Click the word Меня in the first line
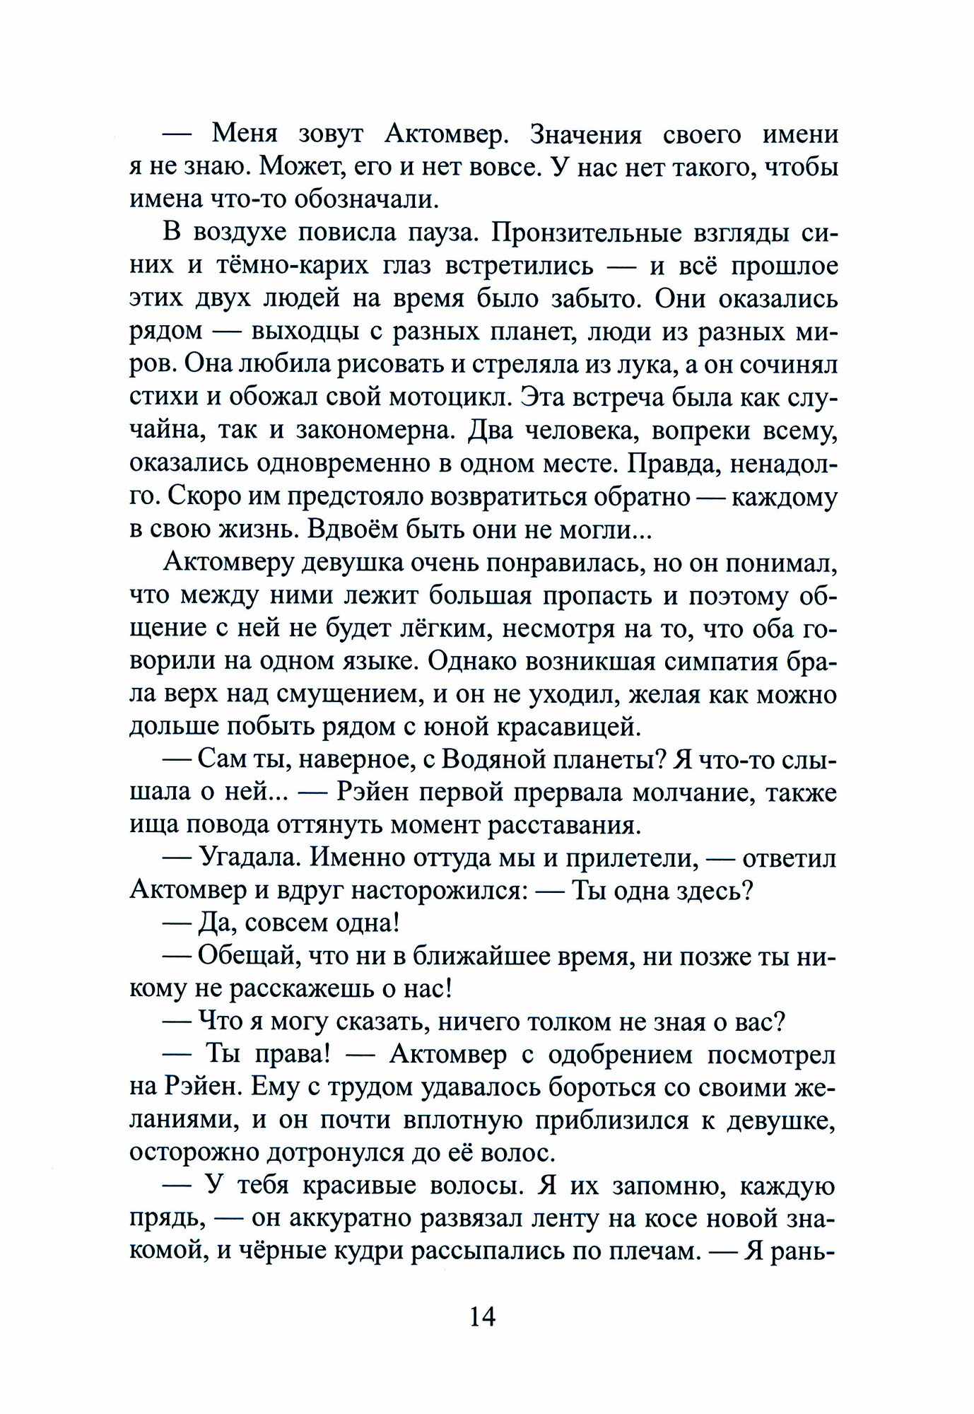click(245, 134)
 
